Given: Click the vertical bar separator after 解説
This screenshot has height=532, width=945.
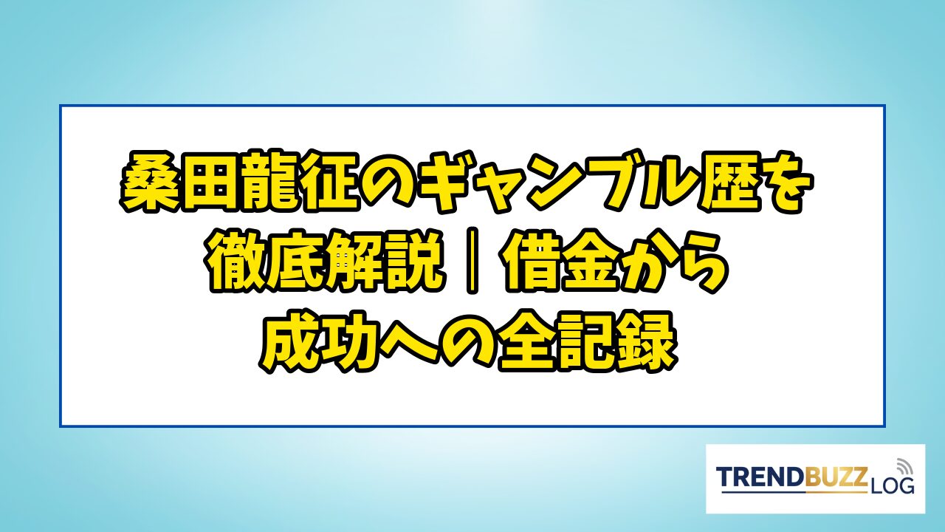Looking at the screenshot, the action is tap(472, 261).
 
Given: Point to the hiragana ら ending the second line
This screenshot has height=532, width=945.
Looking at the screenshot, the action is tap(701, 261).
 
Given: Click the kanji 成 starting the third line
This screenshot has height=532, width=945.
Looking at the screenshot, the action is tap(290, 341).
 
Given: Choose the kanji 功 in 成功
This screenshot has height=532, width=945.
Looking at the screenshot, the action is tap(351, 341).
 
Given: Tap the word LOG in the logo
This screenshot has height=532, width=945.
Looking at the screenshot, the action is tap(891, 485).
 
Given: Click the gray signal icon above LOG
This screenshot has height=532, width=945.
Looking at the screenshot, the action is tap(903, 466).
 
